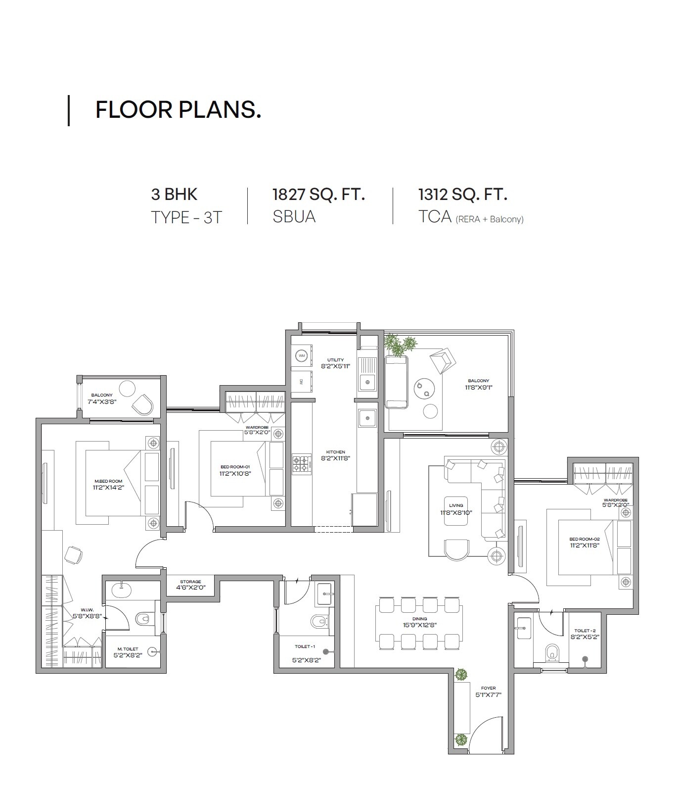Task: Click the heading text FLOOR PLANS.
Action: click(x=178, y=109)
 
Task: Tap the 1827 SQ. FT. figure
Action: click(x=318, y=195)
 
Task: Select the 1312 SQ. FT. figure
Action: click(x=462, y=195)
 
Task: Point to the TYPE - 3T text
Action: click(x=186, y=217)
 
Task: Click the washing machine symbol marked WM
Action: click(x=301, y=356)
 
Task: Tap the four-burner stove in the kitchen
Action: click(x=301, y=464)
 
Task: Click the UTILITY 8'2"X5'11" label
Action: click(x=335, y=363)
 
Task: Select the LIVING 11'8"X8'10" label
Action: click(x=456, y=509)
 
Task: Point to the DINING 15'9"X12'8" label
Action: click(x=419, y=622)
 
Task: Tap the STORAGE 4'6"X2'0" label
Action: click(x=190, y=585)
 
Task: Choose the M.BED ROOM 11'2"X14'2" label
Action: click(x=108, y=484)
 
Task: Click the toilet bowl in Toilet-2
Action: click(x=551, y=652)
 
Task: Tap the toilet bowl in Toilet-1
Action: click(x=318, y=621)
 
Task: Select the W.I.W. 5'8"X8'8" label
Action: click(x=87, y=613)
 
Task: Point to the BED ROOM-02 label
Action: click(x=584, y=542)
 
